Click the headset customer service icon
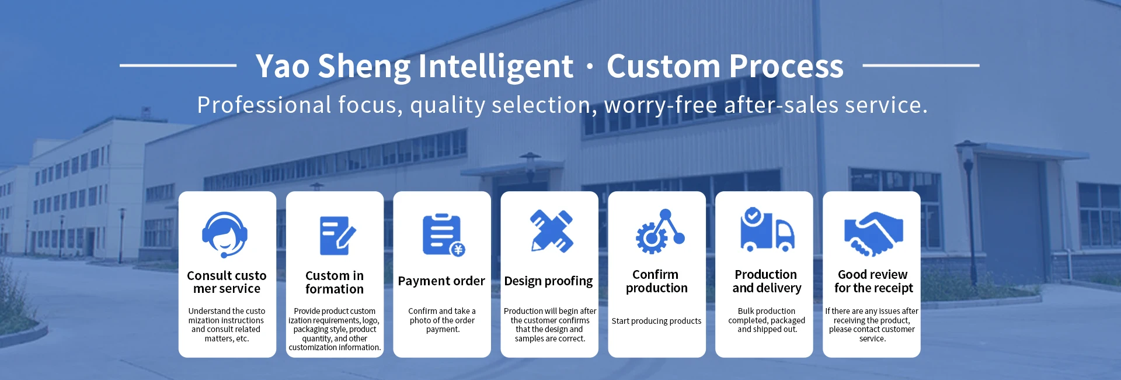225,234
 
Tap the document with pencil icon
337,236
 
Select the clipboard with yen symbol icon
444,235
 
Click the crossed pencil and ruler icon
552,231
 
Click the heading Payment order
441,281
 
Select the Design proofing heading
548,281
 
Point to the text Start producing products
656,321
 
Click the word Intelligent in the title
496,66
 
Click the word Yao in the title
282,66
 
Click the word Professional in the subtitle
264,105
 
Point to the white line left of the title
178,65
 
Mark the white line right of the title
921,65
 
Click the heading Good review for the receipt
873,281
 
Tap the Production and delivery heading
767,281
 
